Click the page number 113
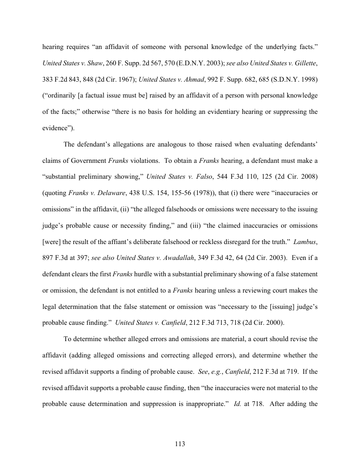[x=180, y=444]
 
